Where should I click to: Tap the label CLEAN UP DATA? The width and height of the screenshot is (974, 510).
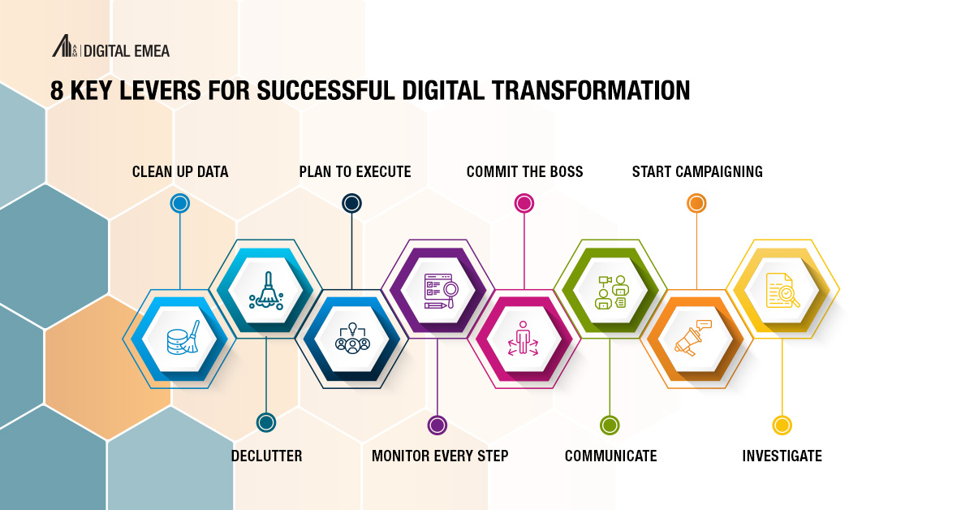click(180, 171)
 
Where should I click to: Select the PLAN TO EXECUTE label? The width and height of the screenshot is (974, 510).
click(355, 171)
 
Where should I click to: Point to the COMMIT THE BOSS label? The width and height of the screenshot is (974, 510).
click(524, 171)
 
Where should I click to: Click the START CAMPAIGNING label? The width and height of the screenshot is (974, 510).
click(697, 171)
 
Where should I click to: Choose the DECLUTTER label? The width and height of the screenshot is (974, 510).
click(266, 456)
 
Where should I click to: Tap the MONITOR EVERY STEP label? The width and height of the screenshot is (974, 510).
click(440, 456)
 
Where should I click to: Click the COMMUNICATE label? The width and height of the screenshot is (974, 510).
click(610, 456)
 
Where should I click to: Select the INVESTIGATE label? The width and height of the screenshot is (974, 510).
click(782, 456)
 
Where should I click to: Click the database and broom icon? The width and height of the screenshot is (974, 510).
click(179, 338)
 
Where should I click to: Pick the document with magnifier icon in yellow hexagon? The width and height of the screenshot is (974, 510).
click(782, 289)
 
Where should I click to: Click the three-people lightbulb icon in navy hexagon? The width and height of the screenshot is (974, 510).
click(352, 338)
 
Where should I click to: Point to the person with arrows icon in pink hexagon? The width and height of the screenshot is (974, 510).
click(524, 338)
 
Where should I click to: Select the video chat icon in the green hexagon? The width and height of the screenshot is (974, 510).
click(610, 291)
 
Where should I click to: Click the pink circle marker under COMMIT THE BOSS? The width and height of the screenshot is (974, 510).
click(524, 203)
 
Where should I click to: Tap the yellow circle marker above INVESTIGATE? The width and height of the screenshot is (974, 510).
click(782, 425)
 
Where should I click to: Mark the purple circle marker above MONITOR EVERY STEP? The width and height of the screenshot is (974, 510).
click(437, 425)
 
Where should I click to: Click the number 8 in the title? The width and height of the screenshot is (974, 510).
click(57, 90)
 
